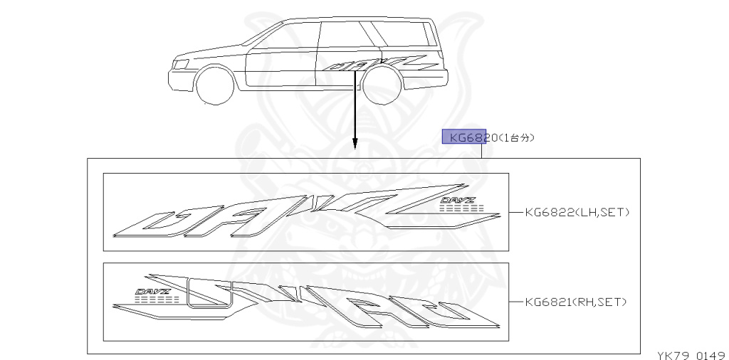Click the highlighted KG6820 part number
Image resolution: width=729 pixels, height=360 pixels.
point(463,137)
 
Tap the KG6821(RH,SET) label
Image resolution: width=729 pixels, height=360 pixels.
point(575,302)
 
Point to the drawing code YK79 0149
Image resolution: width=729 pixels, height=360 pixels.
point(690,354)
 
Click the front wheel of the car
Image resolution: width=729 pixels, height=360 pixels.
point(215,85)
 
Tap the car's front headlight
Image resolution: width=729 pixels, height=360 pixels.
point(182,63)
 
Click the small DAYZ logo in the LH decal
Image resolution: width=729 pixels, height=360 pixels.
point(456,201)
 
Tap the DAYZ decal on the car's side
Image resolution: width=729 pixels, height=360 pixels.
point(377,64)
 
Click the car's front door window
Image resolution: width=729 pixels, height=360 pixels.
point(293,36)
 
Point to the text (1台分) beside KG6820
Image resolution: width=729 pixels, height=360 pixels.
point(510,137)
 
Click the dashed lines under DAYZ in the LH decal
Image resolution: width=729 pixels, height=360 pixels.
point(461,209)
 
